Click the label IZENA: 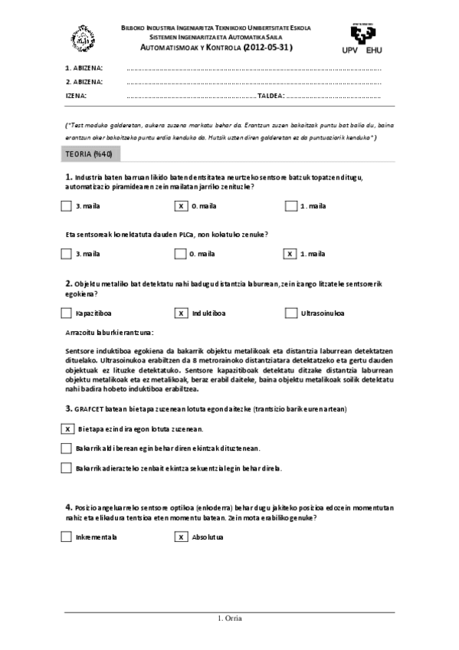pos(77,96)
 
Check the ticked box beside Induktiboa pos(181,313)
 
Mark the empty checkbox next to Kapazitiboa pos(65,313)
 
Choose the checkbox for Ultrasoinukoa pos(290,313)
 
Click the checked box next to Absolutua pos(181,537)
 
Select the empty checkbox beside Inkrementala pos(65,537)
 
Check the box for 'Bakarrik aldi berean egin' pos(65,448)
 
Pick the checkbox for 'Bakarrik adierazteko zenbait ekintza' pos(65,468)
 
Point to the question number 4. pos(68,507)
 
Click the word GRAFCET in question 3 pos(90,409)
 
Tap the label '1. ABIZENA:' pos(84,67)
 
